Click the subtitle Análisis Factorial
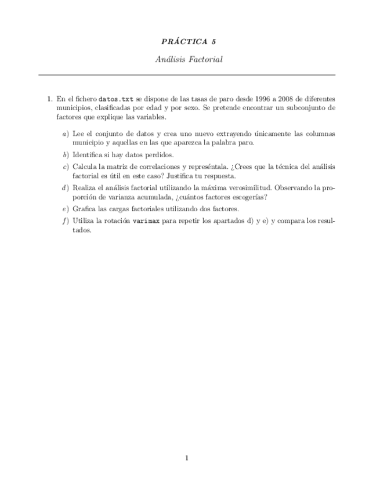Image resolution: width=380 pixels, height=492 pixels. point(190,59)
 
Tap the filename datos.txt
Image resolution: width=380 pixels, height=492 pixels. point(116,99)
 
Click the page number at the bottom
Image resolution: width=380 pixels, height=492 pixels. point(187,458)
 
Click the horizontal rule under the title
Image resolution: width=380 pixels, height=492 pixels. point(187,75)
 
